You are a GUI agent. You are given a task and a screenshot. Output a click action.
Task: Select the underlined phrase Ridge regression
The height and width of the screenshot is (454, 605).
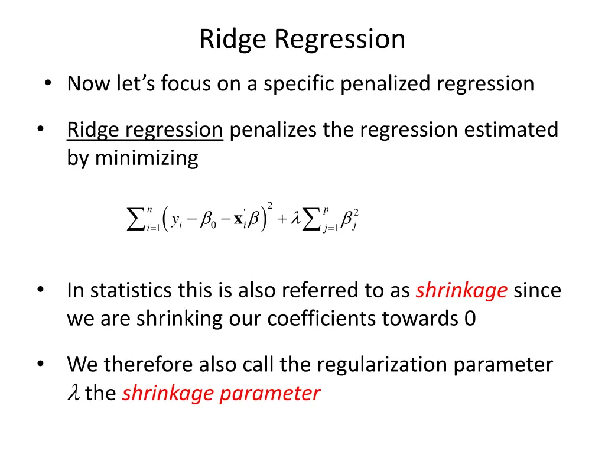click(145, 129)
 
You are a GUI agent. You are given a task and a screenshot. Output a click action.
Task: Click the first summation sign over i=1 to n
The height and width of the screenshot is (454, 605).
click(136, 220)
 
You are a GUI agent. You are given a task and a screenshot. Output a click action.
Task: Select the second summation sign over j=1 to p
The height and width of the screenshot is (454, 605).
click(312, 220)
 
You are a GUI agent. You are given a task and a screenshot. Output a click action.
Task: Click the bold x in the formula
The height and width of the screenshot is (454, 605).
click(238, 219)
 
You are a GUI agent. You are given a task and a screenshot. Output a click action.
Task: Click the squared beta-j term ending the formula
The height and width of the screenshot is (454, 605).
click(350, 219)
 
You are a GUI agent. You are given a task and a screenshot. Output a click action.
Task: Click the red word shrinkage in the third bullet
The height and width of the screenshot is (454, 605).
click(461, 291)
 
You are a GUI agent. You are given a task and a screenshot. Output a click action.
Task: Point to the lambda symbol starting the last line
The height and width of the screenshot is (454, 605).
click(73, 393)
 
